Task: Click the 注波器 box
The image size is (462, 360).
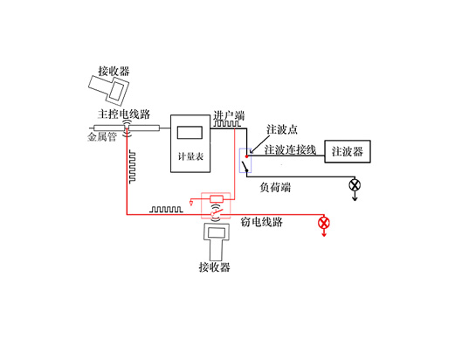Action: (348, 151)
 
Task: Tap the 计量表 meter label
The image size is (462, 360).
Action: (190, 156)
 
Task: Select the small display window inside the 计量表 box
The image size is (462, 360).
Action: (190, 133)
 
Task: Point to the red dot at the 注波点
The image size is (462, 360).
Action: (246, 156)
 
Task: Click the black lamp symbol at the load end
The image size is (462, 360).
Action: (355, 185)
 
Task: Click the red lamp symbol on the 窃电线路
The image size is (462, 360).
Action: (324, 223)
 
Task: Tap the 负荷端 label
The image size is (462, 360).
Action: (275, 187)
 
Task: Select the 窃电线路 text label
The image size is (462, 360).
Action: (262, 222)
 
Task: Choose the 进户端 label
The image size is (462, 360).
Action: (229, 115)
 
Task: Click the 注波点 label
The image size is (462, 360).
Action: (282, 129)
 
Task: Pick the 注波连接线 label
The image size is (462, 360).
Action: (290, 149)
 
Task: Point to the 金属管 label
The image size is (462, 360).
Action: (102, 137)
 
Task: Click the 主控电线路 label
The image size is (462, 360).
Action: (124, 114)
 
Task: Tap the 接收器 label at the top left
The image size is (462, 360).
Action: (114, 72)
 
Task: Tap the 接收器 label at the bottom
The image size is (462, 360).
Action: (215, 267)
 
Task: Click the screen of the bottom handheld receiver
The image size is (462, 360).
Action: (217, 233)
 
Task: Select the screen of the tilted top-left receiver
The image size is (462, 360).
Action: (117, 91)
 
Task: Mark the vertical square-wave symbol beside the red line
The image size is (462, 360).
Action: (132, 167)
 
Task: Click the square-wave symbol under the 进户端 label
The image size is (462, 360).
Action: (226, 123)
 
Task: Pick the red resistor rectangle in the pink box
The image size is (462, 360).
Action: (217, 199)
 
